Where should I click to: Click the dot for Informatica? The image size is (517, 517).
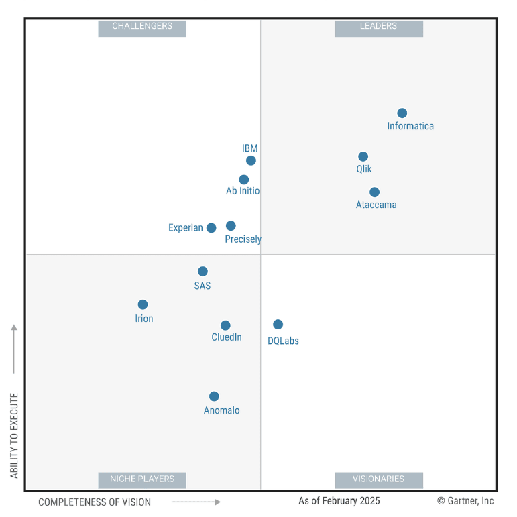pyautogui.click(x=402, y=113)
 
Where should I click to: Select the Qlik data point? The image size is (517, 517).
pyautogui.click(x=363, y=157)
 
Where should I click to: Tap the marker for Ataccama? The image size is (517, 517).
pyautogui.click(x=374, y=192)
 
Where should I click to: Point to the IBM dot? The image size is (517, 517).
pyautogui.click(x=251, y=160)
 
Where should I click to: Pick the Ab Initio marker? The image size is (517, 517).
pyautogui.click(x=244, y=180)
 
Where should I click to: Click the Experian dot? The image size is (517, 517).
pyautogui.click(x=211, y=228)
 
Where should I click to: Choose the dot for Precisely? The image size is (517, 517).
pyautogui.click(x=231, y=226)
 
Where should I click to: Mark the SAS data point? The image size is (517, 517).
pyautogui.click(x=203, y=272)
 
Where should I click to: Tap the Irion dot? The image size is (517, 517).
pyautogui.click(x=143, y=304)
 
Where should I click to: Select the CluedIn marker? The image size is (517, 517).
pyautogui.click(x=225, y=325)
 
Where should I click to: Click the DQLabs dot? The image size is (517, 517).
pyautogui.click(x=278, y=325)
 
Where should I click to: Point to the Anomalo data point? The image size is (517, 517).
pyautogui.click(x=214, y=396)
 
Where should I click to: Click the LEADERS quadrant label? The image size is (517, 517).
pyautogui.click(x=379, y=27)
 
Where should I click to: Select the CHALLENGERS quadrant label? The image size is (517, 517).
pyautogui.click(x=142, y=27)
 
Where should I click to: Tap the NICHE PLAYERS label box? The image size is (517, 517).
pyautogui.click(x=142, y=479)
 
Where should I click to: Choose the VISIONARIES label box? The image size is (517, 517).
pyautogui.click(x=379, y=479)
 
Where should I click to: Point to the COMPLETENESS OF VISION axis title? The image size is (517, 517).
pyautogui.click(x=95, y=502)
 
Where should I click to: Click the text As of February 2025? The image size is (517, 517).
pyautogui.click(x=339, y=501)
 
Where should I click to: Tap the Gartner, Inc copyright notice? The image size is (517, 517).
pyautogui.click(x=465, y=501)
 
